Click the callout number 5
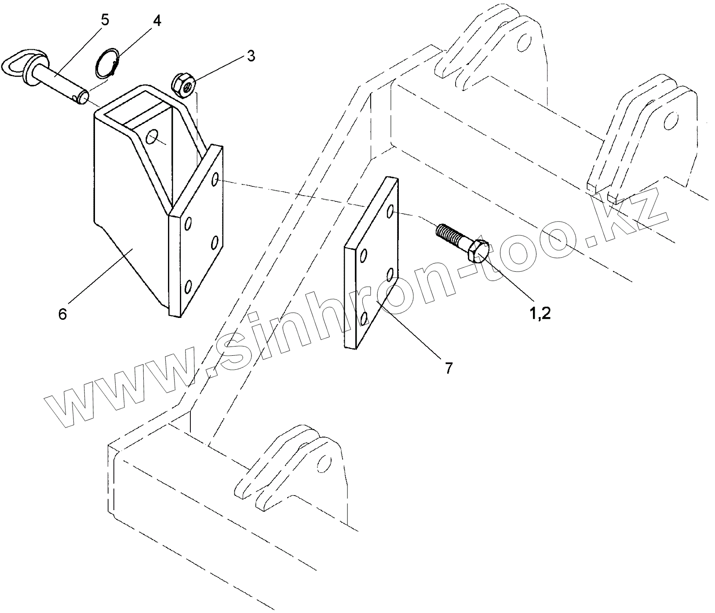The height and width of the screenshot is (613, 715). click(105, 20)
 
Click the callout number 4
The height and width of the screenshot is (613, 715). click(157, 21)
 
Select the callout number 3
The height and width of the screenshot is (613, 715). click(250, 56)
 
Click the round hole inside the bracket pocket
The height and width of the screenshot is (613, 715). click(153, 137)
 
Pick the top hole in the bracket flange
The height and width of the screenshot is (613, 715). click(215, 179)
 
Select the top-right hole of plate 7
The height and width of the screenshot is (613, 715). click(390, 212)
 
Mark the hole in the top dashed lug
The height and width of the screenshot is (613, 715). click(523, 43)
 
